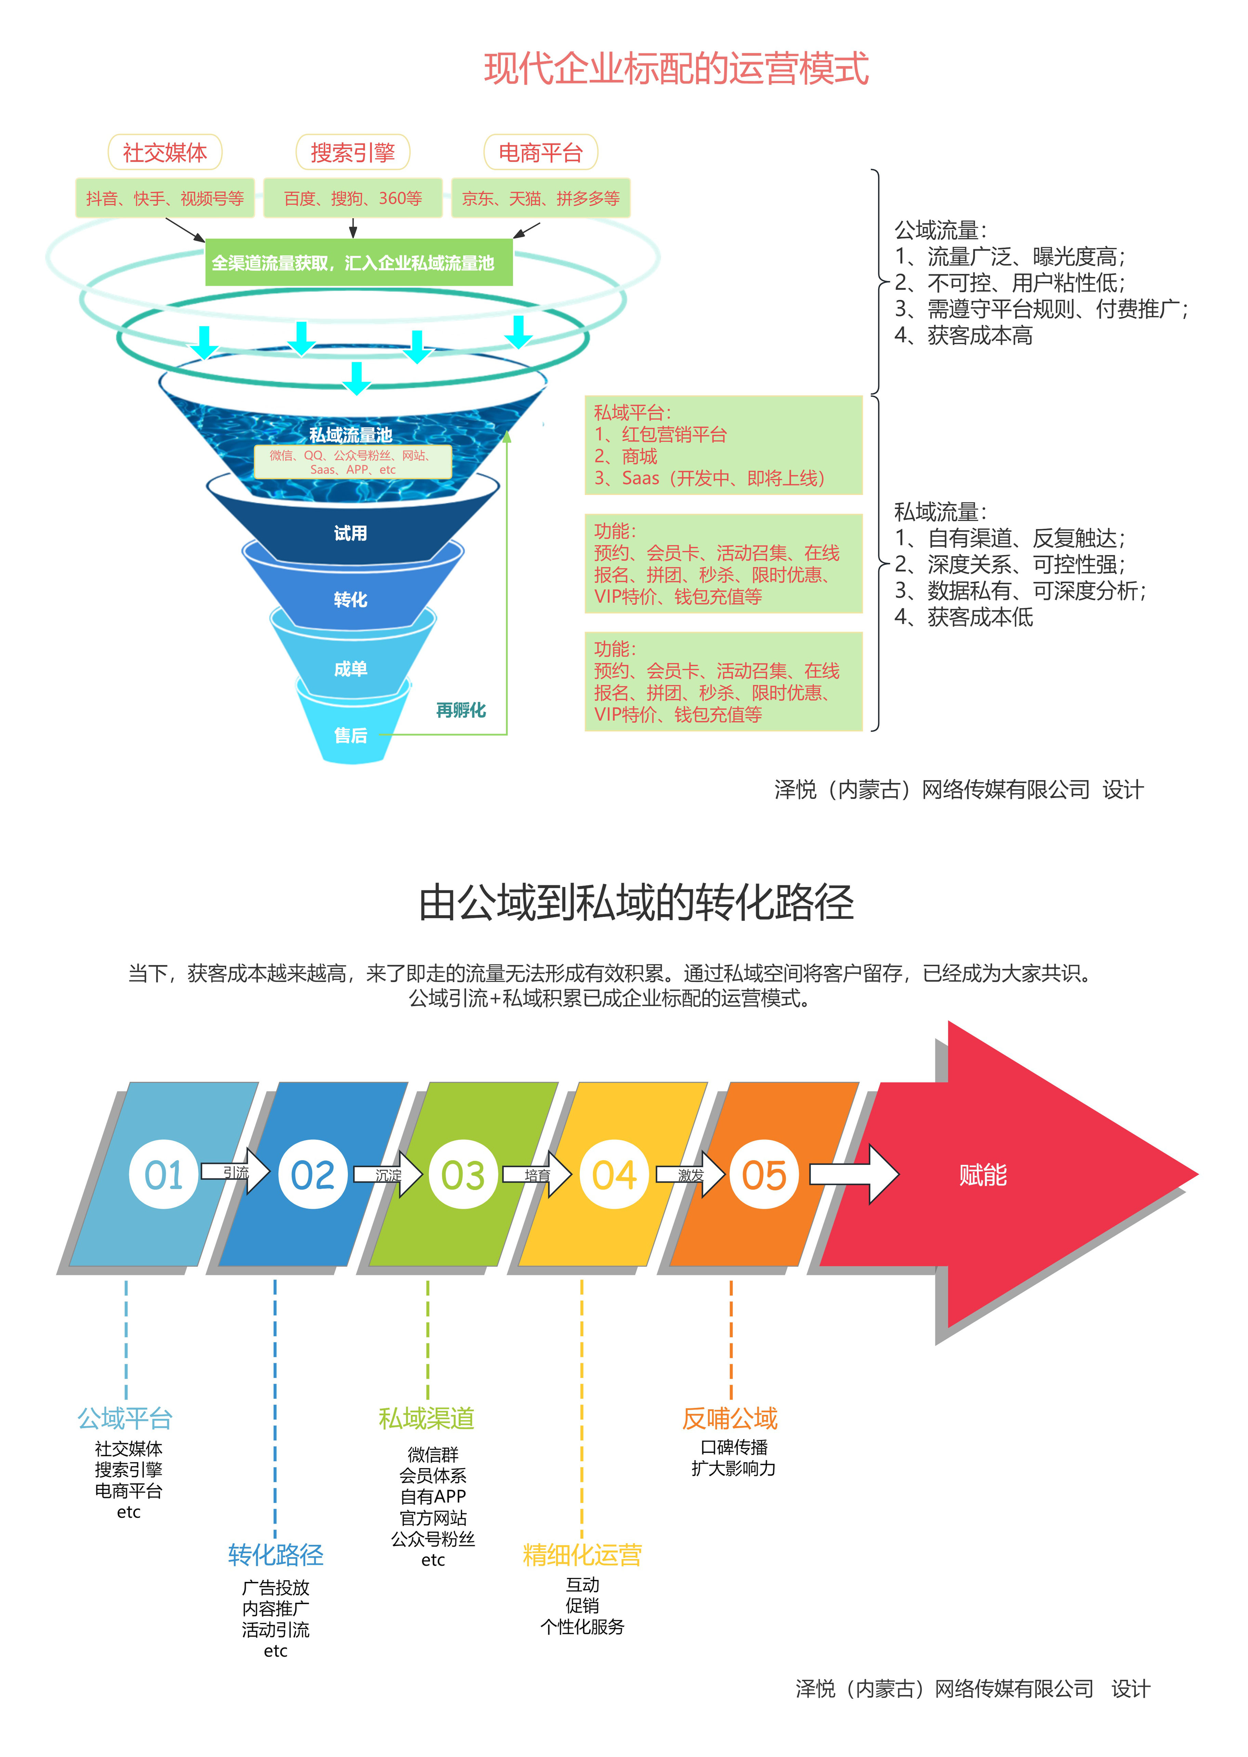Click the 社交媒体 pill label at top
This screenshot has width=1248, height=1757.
pos(165,152)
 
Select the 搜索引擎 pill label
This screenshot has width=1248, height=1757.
pos(353,152)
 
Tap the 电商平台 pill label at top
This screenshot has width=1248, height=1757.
pos(540,152)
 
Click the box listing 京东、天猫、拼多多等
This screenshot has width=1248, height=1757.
pos(540,198)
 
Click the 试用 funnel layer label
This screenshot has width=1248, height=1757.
pos(351,533)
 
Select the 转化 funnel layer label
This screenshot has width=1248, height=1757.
pos(351,599)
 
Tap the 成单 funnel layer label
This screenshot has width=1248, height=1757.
pos(351,668)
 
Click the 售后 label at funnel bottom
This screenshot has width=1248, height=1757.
pos(351,735)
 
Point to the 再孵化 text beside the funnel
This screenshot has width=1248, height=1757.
pos(461,710)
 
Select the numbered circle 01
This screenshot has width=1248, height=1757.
pos(164,1175)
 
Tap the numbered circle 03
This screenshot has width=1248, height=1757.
pos(463,1175)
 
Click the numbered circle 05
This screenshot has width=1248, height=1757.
pos(764,1175)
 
